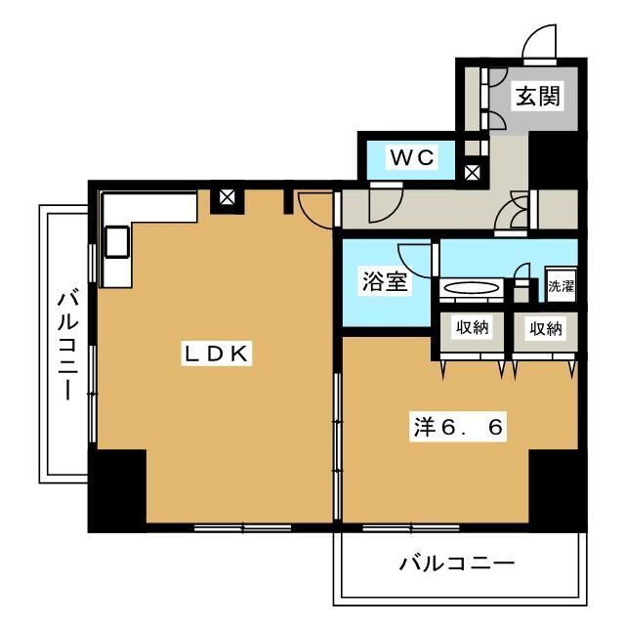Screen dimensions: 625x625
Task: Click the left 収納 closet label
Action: [472, 328]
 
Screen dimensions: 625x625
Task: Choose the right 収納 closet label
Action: [546, 328]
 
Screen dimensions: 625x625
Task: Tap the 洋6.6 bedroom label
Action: [457, 427]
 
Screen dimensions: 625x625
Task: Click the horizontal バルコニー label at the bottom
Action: [456, 563]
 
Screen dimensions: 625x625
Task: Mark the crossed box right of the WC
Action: [473, 173]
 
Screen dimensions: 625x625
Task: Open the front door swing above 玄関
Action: [539, 43]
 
